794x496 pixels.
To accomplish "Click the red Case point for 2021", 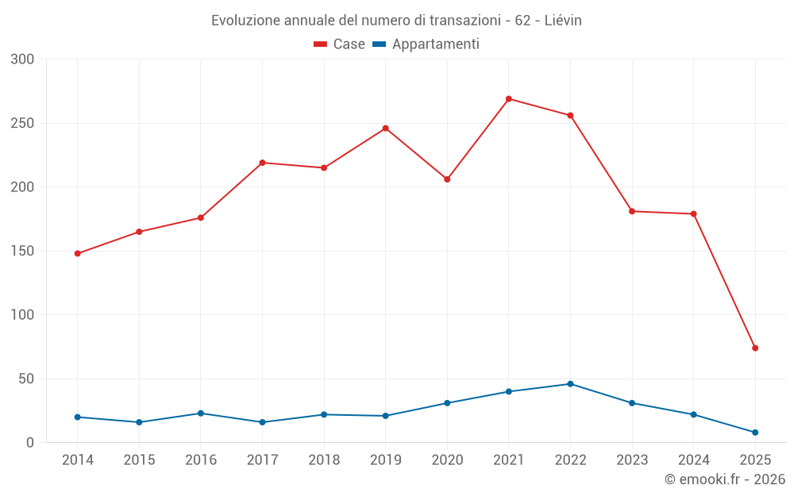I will pyautogui.click(x=509, y=99).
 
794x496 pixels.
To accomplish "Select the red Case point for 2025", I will pyautogui.click(x=755, y=348).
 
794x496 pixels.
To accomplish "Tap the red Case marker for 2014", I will pyautogui.click(x=78, y=254).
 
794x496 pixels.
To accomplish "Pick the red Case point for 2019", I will pyautogui.click(x=386, y=129).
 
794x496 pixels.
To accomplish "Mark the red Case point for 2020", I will pyautogui.click(x=447, y=179).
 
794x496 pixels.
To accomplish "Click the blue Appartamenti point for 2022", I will pyautogui.click(x=570, y=384).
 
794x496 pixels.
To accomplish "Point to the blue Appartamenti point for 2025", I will pyautogui.click(x=755, y=433).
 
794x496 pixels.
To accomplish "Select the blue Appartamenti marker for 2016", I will pyautogui.click(x=201, y=413).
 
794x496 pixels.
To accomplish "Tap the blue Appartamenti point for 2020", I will pyautogui.click(x=447, y=403).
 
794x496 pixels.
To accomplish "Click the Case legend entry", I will pyautogui.click(x=340, y=44).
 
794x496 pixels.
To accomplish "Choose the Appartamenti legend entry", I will pyautogui.click(x=426, y=44).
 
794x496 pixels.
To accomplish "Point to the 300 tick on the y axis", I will pyautogui.click(x=23, y=60).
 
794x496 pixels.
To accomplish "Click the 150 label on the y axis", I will pyautogui.click(x=23, y=252).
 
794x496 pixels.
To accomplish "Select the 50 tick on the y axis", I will pyautogui.click(x=27, y=379).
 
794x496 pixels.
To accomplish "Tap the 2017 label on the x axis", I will pyautogui.click(x=262, y=460).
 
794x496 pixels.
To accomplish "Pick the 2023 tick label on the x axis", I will pyautogui.click(x=632, y=460).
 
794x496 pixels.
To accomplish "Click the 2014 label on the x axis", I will pyautogui.click(x=78, y=460).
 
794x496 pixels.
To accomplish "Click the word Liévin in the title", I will pyautogui.click(x=563, y=21).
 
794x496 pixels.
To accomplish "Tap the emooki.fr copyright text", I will pyautogui.click(x=725, y=479).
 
